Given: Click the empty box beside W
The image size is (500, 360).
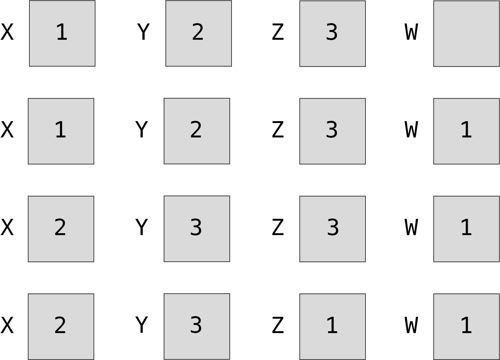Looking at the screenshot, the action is click(x=466, y=33).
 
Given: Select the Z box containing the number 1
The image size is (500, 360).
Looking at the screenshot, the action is click(x=332, y=327).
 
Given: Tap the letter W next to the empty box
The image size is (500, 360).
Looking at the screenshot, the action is click(x=411, y=32).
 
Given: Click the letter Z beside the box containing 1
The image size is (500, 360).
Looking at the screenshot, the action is click(x=278, y=325).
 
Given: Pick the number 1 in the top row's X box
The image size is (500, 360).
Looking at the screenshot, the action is click(x=62, y=32).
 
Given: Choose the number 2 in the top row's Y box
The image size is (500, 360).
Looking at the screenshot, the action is click(x=198, y=32).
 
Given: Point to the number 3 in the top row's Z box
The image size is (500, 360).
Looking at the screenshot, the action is click(x=332, y=32).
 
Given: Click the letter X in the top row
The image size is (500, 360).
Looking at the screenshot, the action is click(x=7, y=32).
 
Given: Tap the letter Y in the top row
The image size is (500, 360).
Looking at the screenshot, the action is click(x=143, y=32).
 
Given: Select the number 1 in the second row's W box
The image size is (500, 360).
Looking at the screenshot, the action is click(x=466, y=130).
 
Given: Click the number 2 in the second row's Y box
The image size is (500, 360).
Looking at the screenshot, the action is click(x=196, y=130).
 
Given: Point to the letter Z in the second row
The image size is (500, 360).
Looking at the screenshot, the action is click(x=278, y=130).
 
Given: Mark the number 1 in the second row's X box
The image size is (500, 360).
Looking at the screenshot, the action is click(x=60, y=130).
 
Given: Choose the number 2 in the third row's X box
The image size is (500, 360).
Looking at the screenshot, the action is click(x=60, y=227).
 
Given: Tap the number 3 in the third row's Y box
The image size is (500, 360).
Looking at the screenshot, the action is click(x=196, y=227).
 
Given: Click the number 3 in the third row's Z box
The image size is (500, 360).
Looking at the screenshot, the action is click(x=333, y=227).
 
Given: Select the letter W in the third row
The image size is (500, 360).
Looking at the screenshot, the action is click(x=411, y=227).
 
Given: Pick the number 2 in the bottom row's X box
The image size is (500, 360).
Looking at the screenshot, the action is click(x=60, y=325).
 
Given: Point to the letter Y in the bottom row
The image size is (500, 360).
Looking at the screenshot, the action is click(x=141, y=325).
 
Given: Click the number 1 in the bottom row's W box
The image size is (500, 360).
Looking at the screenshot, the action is click(x=466, y=325).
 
